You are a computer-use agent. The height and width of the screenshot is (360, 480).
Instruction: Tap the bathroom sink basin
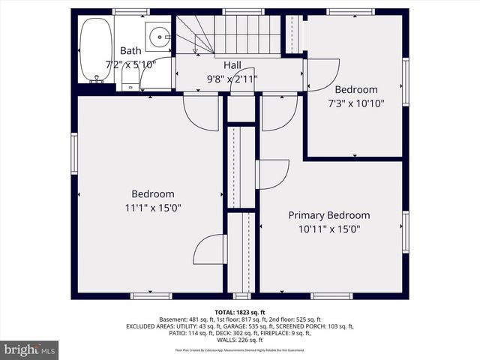pyautogui.click(x=159, y=37)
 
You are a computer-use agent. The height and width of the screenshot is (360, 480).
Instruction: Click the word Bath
pyautogui.click(x=130, y=51)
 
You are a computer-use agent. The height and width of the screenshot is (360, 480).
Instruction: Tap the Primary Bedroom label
pyautogui.click(x=328, y=215)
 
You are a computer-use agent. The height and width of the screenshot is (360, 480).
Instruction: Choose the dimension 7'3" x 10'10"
pyautogui.click(x=356, y=103)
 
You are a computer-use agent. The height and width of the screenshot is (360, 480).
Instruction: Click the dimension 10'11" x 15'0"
pyautogui.click(x=328, y=229)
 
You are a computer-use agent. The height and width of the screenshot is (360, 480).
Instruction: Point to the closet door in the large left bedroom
pyautogui.click(x=210, y=250)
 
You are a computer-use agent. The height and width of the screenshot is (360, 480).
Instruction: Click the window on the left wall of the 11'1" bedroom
pyautogui.click(x=74, y=153)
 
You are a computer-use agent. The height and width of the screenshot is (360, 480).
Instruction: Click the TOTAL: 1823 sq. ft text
pyautogui.click(x=239, y=311)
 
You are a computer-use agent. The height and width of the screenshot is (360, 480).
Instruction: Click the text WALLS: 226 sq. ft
pyautogui.click(x=239, y=340)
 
